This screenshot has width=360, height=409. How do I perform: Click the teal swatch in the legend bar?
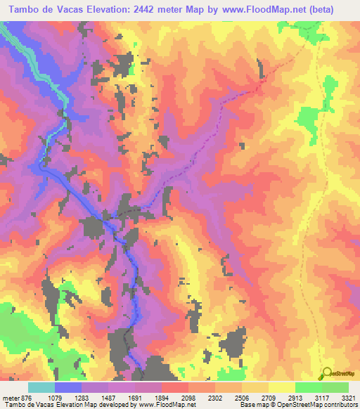click(41, 387)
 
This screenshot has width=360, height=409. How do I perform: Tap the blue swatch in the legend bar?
click(68, 387)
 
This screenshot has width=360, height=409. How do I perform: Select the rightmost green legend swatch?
click(335, 387)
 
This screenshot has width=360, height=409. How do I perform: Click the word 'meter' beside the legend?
click(10, 397)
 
